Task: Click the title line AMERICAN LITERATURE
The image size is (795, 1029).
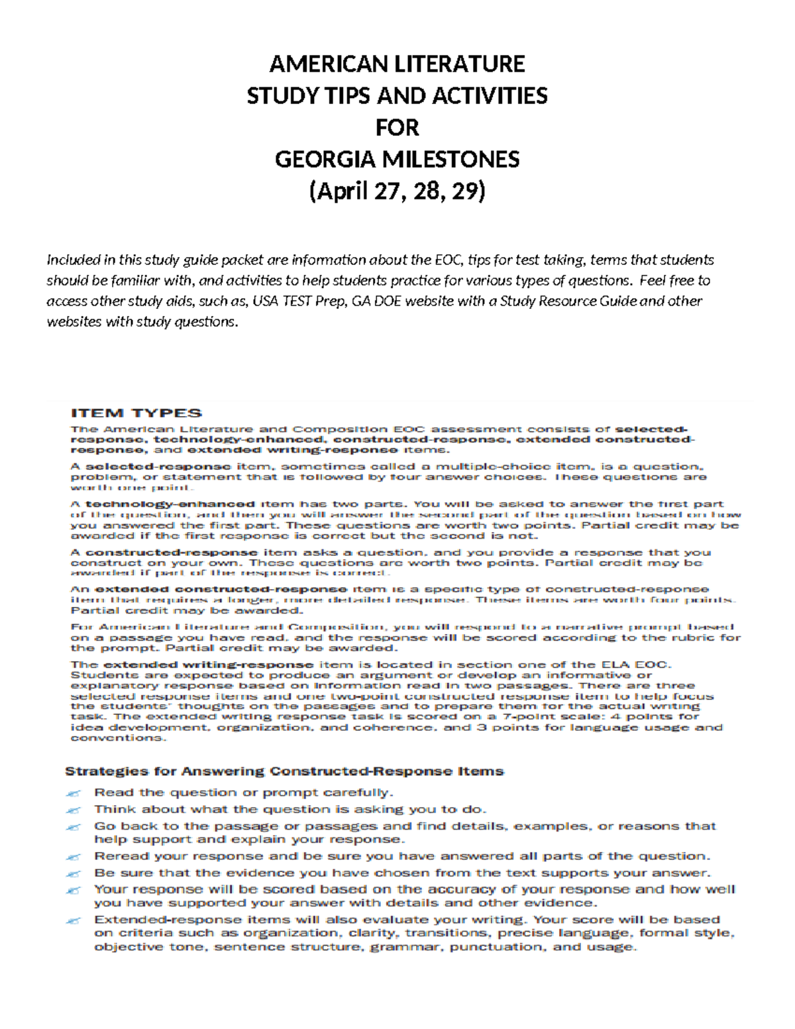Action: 397,64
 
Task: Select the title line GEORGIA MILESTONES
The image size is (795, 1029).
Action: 397,160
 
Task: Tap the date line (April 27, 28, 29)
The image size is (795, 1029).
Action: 397,191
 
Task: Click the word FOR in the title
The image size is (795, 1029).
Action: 397,128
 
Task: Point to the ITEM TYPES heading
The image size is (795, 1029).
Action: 136,413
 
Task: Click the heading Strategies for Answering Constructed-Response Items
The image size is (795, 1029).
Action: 284,771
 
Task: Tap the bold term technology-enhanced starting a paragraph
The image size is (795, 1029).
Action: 170,504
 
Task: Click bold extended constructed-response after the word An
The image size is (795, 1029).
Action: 221,589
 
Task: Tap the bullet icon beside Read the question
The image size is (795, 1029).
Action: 74,793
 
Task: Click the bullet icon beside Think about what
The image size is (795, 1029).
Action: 74,810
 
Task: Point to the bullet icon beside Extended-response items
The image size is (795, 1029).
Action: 74,920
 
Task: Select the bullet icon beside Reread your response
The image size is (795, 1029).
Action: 74,857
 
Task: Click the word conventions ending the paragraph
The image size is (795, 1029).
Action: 115,738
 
